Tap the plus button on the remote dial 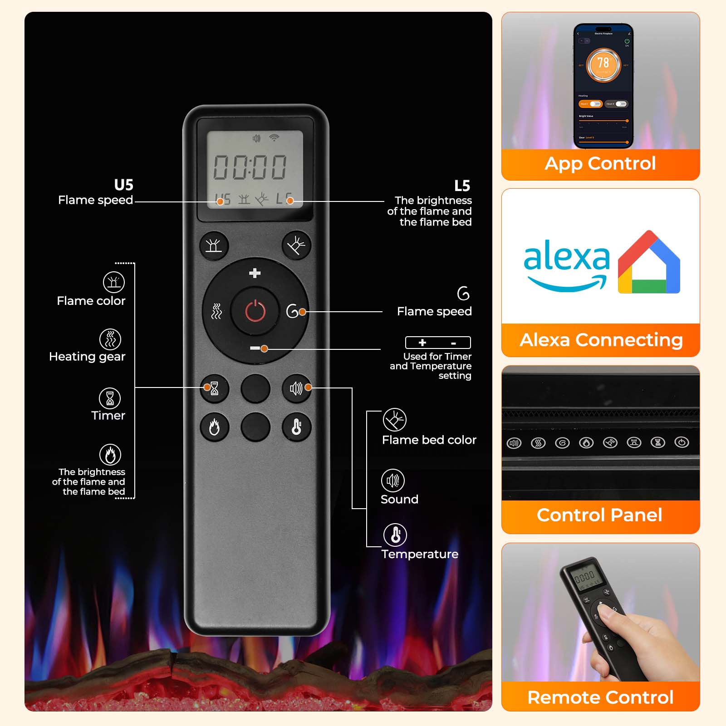coord(255,273)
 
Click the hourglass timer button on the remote coord(214,388)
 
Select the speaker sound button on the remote coord(296,388)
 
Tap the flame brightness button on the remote coord(214,427)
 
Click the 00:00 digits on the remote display coord(250,167)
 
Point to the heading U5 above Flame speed coord(123,185)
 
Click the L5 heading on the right coord(462,186)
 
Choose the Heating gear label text coord(87,357)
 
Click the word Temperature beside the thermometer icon coord(420,554)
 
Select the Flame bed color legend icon coord(394,420)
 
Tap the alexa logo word coord(566,257)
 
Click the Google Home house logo coord(649,263)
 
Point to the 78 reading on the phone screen coord(603,63)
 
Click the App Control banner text coord(600,163)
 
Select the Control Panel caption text coord(599,515)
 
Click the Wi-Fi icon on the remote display coord(274,137)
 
